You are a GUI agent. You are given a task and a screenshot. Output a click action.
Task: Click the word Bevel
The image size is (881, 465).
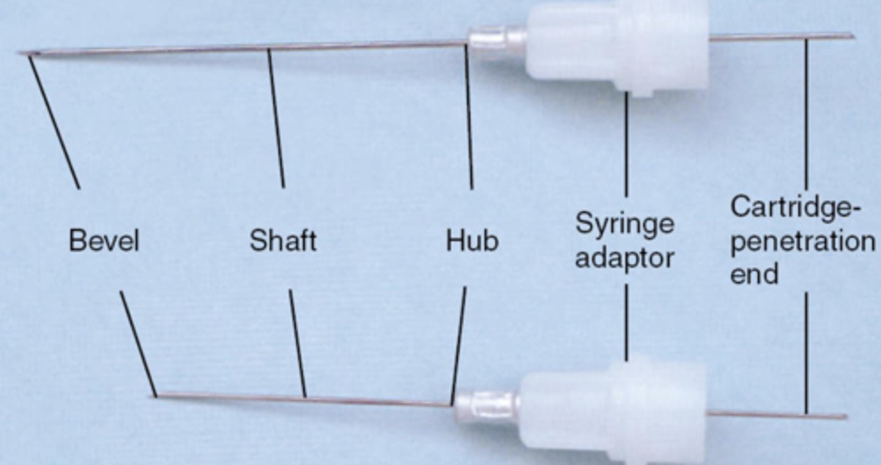(104, 240)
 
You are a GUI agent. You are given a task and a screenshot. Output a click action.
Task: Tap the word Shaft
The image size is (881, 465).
(283, 240)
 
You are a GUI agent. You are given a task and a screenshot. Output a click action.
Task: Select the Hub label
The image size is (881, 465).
(472, 240)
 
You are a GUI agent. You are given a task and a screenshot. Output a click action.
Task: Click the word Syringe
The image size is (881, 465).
(625, 225)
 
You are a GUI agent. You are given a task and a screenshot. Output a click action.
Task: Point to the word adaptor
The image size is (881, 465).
(625, 258)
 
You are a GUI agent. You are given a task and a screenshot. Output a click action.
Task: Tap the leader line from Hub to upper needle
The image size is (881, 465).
(469, 116)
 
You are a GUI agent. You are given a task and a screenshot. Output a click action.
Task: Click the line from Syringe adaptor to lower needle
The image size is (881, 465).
(625, 321)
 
